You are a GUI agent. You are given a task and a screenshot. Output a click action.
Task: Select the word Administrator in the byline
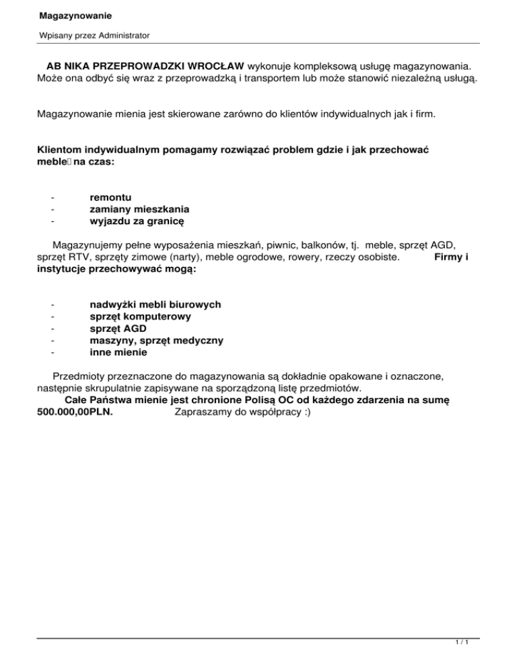click(x=121, y=34)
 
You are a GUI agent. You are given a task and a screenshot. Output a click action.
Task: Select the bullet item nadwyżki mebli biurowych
click(x=155, y=304)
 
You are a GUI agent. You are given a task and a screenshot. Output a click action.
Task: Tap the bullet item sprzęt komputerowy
click(x=140, y=316)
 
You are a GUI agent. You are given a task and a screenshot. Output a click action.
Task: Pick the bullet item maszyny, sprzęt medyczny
click(x=156, y=341)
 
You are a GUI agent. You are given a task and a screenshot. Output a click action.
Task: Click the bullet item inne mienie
click(x=118, y=353)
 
